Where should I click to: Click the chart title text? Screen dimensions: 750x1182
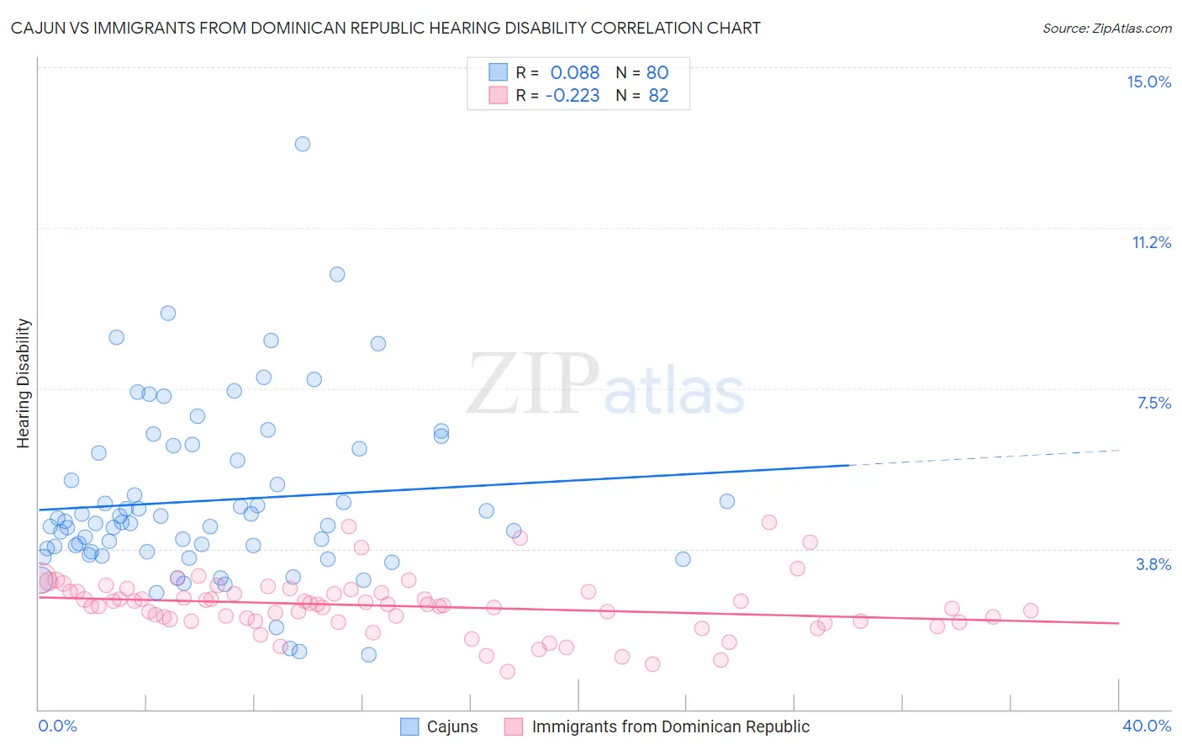[x=386, y=29]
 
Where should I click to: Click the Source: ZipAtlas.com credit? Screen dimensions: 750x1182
[x=1106, y=29]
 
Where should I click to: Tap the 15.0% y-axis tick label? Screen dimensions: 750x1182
[x=1148, y=82]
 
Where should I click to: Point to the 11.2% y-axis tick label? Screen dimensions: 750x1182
[x=1151, y=242]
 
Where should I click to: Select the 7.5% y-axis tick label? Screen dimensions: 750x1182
[x=1153, y=403]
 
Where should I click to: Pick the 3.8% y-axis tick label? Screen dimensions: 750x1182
[x=1153, y=564]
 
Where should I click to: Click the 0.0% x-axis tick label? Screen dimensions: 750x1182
[x=57, y=726]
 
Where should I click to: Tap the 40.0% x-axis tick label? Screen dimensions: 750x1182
[x=1147, y=726]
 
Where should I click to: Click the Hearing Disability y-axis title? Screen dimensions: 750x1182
[x=24, y=383]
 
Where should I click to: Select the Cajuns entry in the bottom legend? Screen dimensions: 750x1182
[x=451, y=726]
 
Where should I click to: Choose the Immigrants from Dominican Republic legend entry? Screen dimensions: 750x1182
[x=670, y=726]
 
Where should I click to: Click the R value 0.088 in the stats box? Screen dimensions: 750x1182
[x=575, y=73]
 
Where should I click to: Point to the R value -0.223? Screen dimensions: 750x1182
[x=573, y=96]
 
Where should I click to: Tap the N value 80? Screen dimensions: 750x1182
[x=657, y=73]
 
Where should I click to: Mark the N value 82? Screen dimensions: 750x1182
[x=658, y=96]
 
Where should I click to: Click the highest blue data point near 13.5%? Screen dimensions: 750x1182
[x=303, y=144]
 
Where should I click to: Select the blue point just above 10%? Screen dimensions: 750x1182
[x=337, y=274]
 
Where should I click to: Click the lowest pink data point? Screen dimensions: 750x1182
[x=507, y=671]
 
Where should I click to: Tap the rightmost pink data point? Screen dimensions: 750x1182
[x=1031, y=611]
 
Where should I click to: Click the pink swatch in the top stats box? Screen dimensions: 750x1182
[x=499, y=95]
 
